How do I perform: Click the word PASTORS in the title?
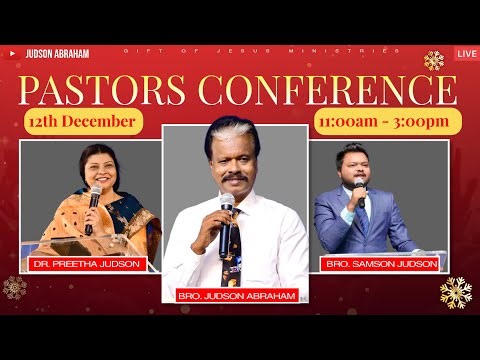(98, 91)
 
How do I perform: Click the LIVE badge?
(466, 52)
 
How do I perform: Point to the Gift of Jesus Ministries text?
(261, 50)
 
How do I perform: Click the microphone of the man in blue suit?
(360, 188)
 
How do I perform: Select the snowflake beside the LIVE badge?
(434, 60)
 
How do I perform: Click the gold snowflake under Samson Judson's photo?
(455, 292)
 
